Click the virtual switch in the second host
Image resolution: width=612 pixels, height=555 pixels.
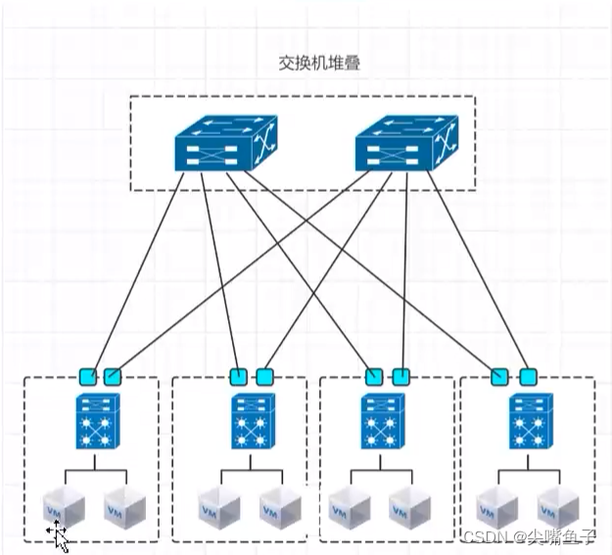click(x=250, y=422)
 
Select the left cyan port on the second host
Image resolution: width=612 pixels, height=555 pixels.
click(x=237, y=376)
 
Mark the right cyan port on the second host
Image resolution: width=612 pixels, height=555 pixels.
click(x=263, y=376)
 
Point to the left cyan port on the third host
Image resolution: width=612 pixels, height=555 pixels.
click(x=373, y=376)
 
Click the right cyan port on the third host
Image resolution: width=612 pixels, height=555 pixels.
click(x=400, y=376)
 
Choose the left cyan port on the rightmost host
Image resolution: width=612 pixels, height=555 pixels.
click(x=500, y=376)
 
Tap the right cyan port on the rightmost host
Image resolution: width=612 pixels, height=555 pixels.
click(x=529, y=376)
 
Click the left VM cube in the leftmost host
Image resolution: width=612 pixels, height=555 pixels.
click(x=64, y=507)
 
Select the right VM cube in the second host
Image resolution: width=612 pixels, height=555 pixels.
click(x=279, y=507)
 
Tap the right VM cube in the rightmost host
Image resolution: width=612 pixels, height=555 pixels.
click(x=557, y=507)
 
